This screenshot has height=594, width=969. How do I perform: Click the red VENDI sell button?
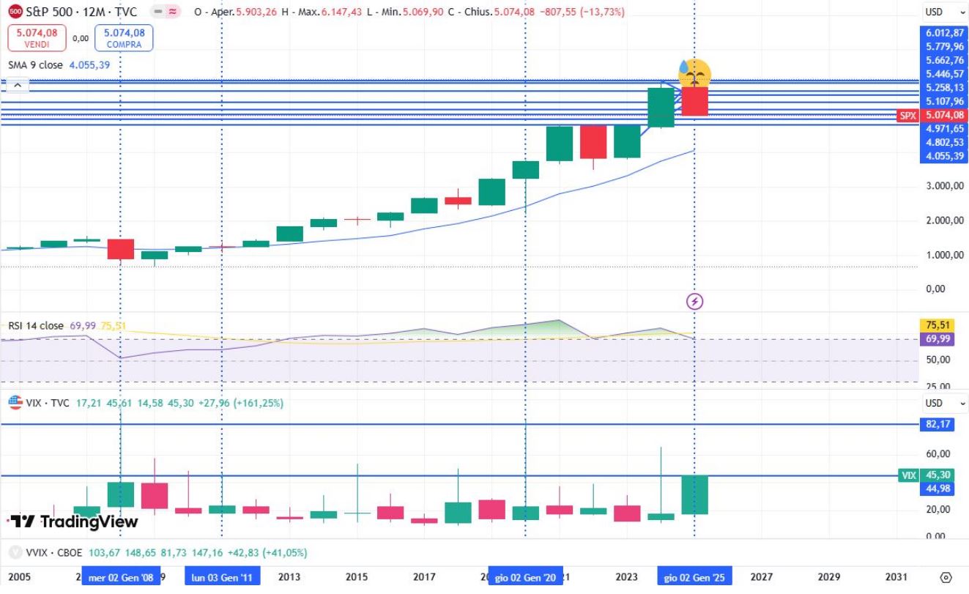37,38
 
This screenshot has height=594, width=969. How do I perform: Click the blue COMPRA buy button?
124,38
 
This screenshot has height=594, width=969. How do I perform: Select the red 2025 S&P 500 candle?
694,101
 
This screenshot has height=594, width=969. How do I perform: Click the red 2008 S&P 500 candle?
121,248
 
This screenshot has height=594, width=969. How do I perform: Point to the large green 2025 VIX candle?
694,494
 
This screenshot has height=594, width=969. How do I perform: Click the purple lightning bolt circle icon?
694,301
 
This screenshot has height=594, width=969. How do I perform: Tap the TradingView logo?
73,521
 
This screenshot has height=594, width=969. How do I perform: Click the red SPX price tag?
908,116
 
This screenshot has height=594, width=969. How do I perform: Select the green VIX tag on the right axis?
908,475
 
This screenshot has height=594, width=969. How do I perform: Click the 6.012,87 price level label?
944,32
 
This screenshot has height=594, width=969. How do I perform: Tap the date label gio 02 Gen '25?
692,577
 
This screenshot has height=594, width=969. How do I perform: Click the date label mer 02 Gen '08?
121,577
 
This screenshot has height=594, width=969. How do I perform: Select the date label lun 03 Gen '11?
221,577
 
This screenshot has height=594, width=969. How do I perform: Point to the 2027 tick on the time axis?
761,577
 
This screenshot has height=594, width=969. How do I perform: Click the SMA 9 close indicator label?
35,65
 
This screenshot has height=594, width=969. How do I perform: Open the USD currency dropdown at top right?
943,12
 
